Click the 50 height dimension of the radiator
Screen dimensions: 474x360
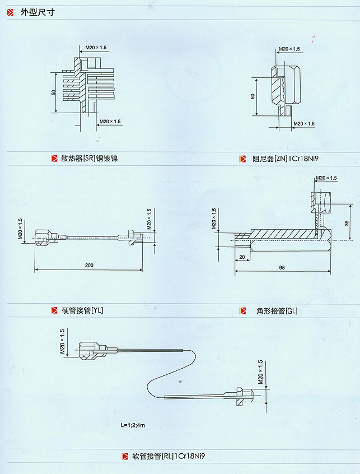(54, 92)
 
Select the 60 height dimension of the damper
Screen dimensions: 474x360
(253, 96)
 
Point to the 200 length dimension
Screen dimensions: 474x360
(90, 265)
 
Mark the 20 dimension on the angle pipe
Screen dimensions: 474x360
(242, 257)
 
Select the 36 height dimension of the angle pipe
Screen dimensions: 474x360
(347, 222)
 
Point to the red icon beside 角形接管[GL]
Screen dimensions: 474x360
(242, 310)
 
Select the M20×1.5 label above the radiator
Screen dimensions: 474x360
(96, 48)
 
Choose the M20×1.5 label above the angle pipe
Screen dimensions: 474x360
(326, 178)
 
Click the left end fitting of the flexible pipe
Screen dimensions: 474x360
(92, 350)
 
